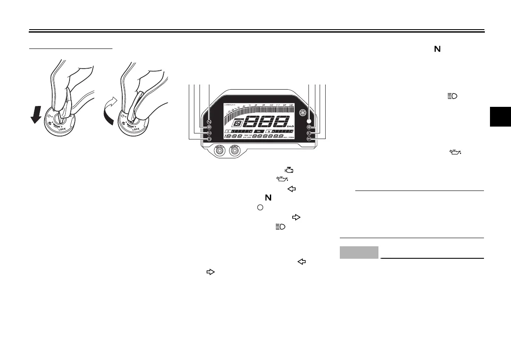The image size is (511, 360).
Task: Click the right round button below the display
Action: (234, 151)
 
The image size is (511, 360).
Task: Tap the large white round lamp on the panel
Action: (309, 121)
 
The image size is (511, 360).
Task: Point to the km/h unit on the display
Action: (290, 127)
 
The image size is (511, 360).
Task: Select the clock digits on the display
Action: (233, 136)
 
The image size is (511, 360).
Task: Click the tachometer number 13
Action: (291, 105)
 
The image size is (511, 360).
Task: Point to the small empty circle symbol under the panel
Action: (260, 207)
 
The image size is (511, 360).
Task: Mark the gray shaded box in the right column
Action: (359, 252)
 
